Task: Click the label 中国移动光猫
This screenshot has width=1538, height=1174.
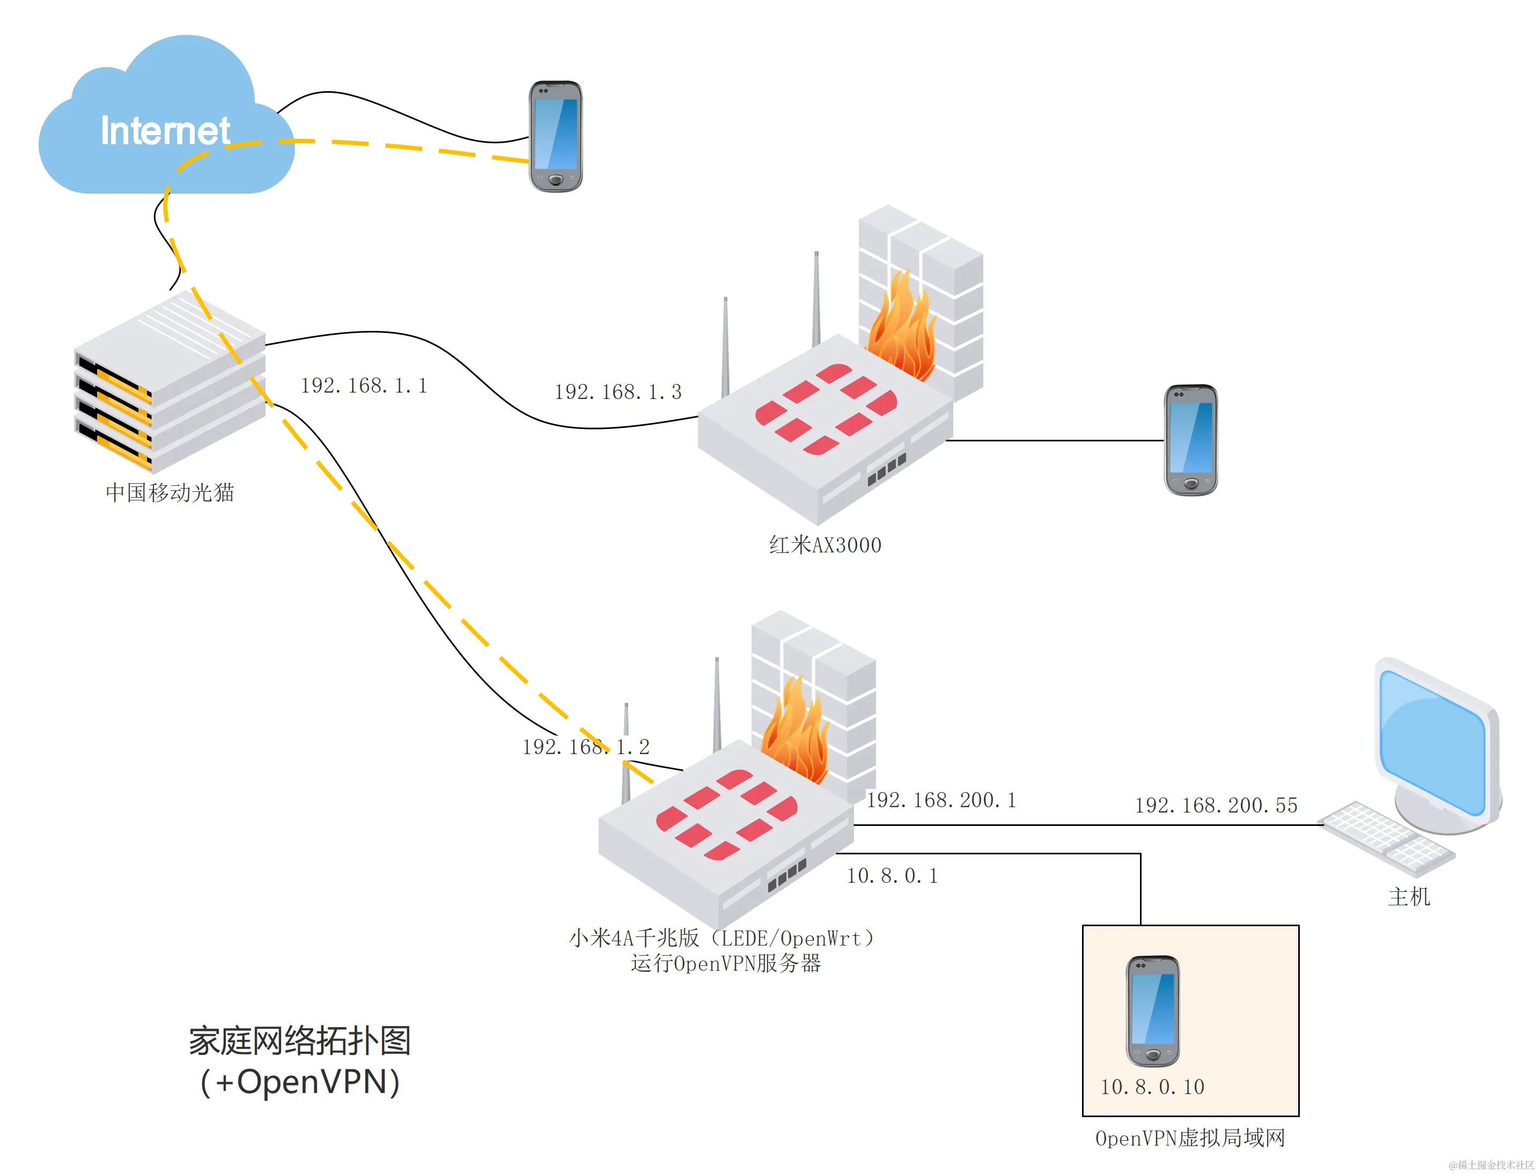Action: [170, 493]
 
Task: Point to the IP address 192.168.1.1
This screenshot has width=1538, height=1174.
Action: [363, 386]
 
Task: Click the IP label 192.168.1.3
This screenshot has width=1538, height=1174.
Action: [617, 392]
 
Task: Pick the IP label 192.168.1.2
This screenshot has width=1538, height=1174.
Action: [586, 747]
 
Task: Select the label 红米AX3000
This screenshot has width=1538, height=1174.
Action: [825, 545]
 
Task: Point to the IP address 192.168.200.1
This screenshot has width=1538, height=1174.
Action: [940, 800]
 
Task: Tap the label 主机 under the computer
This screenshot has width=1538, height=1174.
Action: [1408, 897]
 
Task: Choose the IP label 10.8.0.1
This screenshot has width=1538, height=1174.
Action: [892, 876]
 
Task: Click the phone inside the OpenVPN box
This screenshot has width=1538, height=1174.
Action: [1152, 1010]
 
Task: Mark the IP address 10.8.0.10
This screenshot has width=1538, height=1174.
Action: [1152, 1087]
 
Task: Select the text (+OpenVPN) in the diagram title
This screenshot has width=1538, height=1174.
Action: [300, 1082]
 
